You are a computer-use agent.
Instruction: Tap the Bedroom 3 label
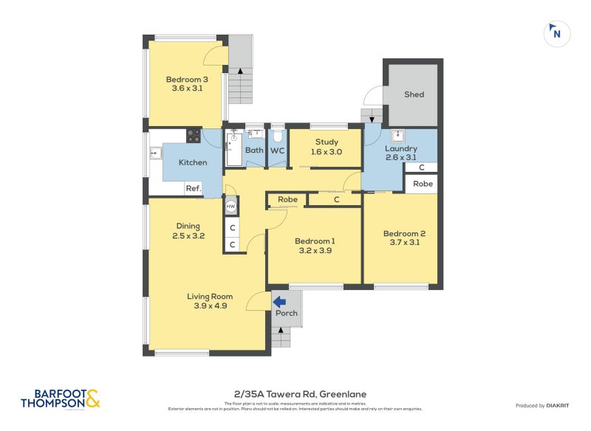pos(186,80)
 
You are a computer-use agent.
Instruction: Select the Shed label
pos(414,94)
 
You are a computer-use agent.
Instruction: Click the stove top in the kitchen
pos(194,136)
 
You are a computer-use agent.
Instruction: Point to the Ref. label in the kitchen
pos(193,188)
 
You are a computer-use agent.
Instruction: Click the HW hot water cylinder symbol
pos(230,206)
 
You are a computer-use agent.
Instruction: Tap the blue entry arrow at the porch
pos(280,301)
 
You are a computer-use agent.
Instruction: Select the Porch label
pos(287,313)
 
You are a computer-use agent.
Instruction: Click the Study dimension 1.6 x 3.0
pos(327,152)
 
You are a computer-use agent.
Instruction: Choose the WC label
pos(277,150)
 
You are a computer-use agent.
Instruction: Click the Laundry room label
pos(400,148)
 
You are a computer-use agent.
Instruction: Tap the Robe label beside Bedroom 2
pos(423,184)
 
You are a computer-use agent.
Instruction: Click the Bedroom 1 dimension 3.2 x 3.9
pos(315,250)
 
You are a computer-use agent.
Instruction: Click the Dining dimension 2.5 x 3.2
pos(188,236)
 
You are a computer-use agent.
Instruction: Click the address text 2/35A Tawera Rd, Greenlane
pos(295,394)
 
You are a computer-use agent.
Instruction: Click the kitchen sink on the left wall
pos(156,154)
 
